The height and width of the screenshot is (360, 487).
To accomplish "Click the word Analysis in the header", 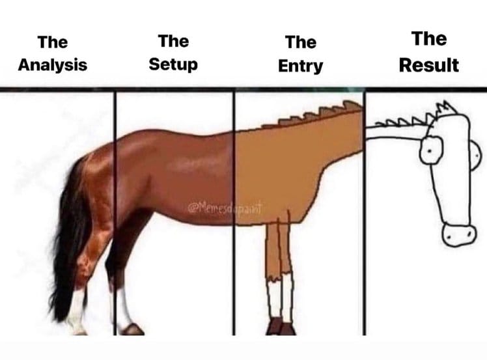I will click(x=52, y=66).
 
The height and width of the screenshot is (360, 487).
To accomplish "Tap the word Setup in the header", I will click(x=173, y=65).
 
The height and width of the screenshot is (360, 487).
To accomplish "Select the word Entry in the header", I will click(x=300, y=66).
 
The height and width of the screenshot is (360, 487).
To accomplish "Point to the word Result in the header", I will click(x=428, y=65).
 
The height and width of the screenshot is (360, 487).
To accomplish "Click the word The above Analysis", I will click(x=52, y=42).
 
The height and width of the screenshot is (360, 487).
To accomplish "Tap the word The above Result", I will click(x=428, y=39).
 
